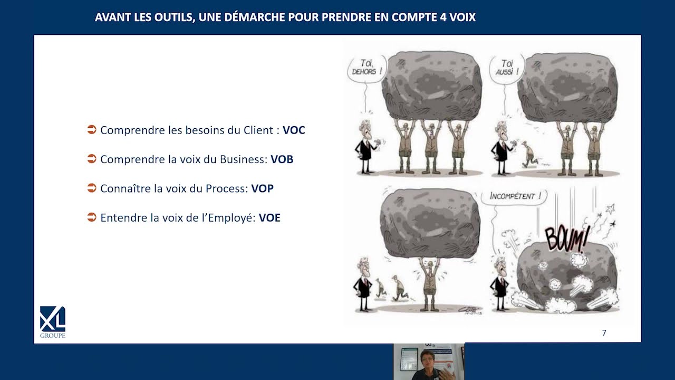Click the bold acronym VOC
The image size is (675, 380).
tap(294, 130)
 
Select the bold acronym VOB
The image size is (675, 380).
tap(282, 159)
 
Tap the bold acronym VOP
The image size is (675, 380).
tap(263, 188)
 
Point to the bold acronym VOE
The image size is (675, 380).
tap(269, 218)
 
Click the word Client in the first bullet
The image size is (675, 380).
tap(258, 130)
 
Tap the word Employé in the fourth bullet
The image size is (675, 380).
tap(232, 218)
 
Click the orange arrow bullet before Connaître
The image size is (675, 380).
tap(92, 188)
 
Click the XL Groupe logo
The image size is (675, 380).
tap(53, 322)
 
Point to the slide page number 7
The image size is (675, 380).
tap(604, 333)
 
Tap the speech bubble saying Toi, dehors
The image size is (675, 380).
tap(367, 68)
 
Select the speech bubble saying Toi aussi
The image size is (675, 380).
tap(507, 68)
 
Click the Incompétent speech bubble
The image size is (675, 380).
tap(514, 196)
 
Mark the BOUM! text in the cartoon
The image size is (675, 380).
tap(566, 239)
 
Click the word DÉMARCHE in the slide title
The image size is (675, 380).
tap(255, 17)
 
